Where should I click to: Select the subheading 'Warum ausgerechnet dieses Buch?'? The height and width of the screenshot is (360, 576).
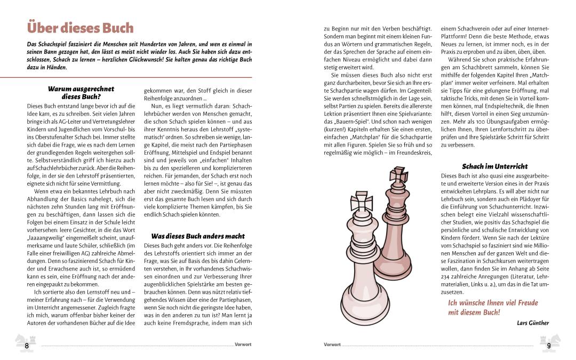(81, 93)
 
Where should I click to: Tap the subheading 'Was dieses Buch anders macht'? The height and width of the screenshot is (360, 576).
(198, 236)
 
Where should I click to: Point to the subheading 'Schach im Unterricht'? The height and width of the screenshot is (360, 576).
(494, 166)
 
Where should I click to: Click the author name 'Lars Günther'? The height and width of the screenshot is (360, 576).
(533, 323)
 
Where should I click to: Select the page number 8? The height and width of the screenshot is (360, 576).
(27, 346)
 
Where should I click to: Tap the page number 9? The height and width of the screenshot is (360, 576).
(549, 346)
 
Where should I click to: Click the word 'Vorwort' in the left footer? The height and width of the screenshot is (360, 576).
(243, 345)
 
